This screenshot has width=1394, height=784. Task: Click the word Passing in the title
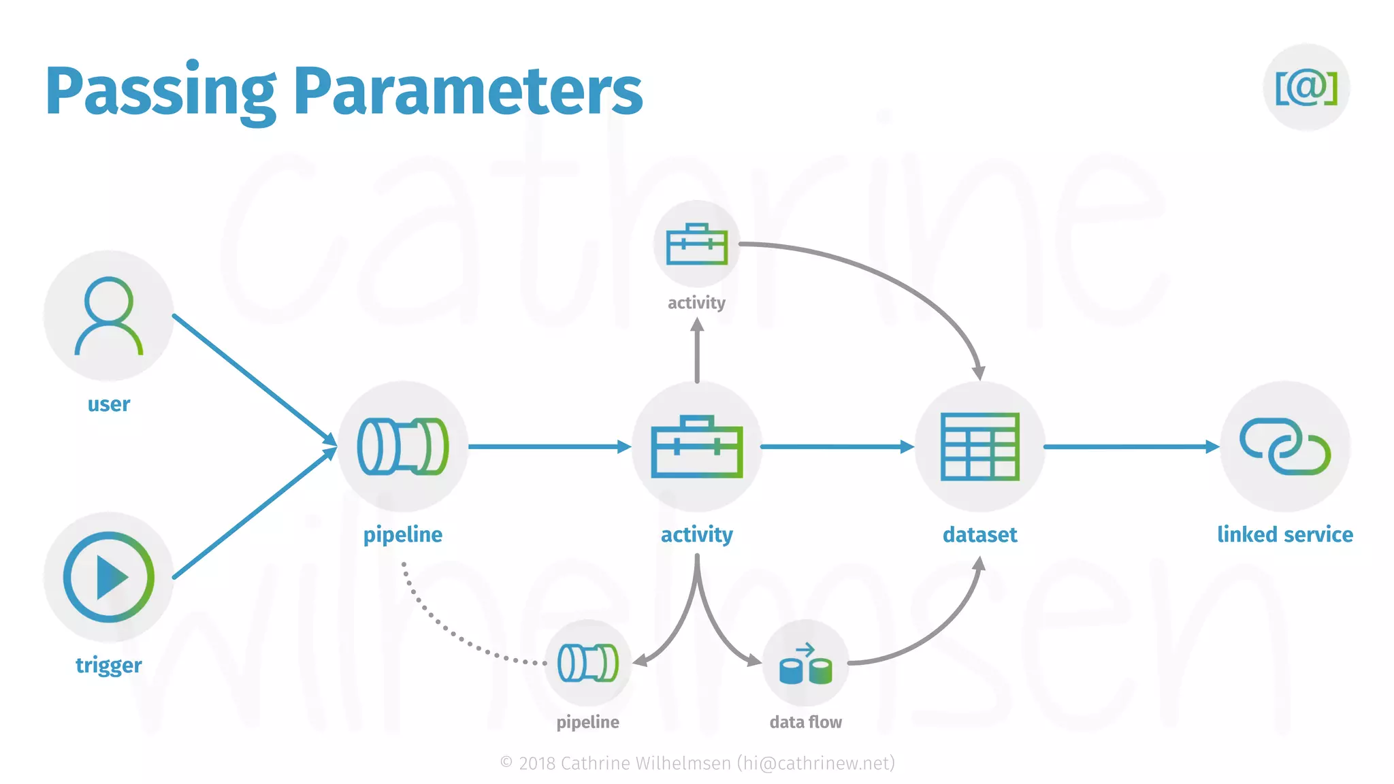[x=160, y=92]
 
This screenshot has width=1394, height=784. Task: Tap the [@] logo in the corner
[x=1306, y=87]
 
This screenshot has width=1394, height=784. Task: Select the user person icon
[x=109, y=316]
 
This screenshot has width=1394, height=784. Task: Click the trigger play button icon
[x=109, y=577]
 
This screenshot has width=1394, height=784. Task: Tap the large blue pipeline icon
[x=403, y=446]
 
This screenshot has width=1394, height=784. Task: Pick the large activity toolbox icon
[x=697, y=446]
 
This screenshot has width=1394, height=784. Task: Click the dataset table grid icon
[x=980, y=446]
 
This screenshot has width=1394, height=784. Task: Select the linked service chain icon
[x=1285, y=446]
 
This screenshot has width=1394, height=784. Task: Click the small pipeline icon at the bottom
[x=588, y=663]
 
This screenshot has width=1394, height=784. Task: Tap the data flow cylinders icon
[x=806, y=663]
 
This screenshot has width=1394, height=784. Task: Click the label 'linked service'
[x=1285, y=535]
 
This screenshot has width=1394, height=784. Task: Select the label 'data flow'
[x=806, y=722]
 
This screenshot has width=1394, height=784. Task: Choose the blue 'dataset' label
[x=980, y=535]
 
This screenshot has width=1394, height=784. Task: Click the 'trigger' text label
[x=109, y=665]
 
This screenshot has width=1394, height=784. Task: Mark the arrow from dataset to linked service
[x=1130, y=446]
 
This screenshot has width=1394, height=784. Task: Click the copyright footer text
[x=697, y=764]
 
